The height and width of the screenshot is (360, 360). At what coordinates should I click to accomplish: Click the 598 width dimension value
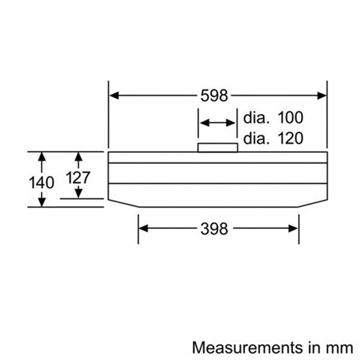pyautogui.click(x=214, y=96)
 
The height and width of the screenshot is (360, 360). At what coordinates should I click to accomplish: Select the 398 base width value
pyautogui.click(x=214, y=229)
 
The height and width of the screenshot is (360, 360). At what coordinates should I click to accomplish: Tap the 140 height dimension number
pyautogui.click(x=42, y=183)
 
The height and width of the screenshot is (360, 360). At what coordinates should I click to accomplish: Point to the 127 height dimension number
pyautogui.click(x=78, y=178)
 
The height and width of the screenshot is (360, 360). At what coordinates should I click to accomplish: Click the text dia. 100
pyautogui.click(x=273, y=118)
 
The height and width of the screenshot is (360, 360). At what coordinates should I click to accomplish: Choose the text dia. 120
pyautogui.click(x=273, y=138)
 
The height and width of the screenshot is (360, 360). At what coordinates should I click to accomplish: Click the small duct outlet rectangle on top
pyautogui.click(x=218, y=148)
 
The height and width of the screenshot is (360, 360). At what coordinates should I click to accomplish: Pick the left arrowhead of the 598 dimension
pyautogui.click(x=114, y=96)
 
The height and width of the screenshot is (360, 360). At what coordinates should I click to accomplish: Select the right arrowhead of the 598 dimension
pyautogui.click(x=321, y=96)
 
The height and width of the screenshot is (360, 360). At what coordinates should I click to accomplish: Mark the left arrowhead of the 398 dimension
pyautogui.click(x=143, y=228)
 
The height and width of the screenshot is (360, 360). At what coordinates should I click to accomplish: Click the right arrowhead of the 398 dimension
pyautogui.click(x=293, y=228)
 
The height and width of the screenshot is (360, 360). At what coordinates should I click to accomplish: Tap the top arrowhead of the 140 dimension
pyautogui.click(x=42, y=156)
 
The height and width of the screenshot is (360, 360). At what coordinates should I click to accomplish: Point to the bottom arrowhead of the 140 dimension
pyautogui.click(x=42, y=202)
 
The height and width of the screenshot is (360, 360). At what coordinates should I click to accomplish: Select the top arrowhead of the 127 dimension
pyautogui.click(x=79, y=156)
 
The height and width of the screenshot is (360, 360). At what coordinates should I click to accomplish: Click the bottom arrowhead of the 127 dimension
pyautogui.click(x=79, y=194)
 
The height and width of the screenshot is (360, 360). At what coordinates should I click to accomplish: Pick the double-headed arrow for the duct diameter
pyautogui.click(x=218, y=123)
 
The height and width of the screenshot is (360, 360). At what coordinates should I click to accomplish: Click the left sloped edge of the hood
pyautogui.click(x=124, y=204)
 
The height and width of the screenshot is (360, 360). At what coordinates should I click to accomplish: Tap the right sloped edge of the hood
pyautogui.click(x=313, y=204)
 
